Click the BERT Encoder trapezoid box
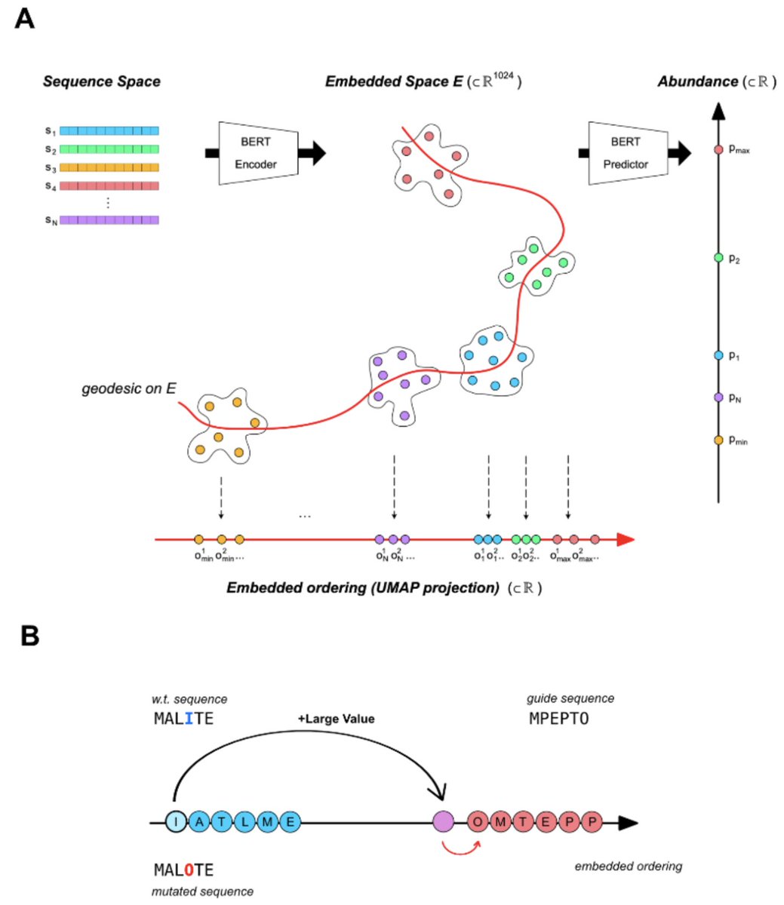256,153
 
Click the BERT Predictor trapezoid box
626,153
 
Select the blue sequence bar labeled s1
109,130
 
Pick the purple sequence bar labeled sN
109,220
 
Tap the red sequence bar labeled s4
109,186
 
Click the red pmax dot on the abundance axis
718,149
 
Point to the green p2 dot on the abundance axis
718,258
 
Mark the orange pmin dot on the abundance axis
718,440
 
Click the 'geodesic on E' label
129,389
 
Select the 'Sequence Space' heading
101,81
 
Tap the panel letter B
29,636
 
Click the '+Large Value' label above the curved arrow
336,719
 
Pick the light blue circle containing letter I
175,821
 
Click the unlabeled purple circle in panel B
443,821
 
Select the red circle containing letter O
478,821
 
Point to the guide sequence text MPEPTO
558,718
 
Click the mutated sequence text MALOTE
183,870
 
